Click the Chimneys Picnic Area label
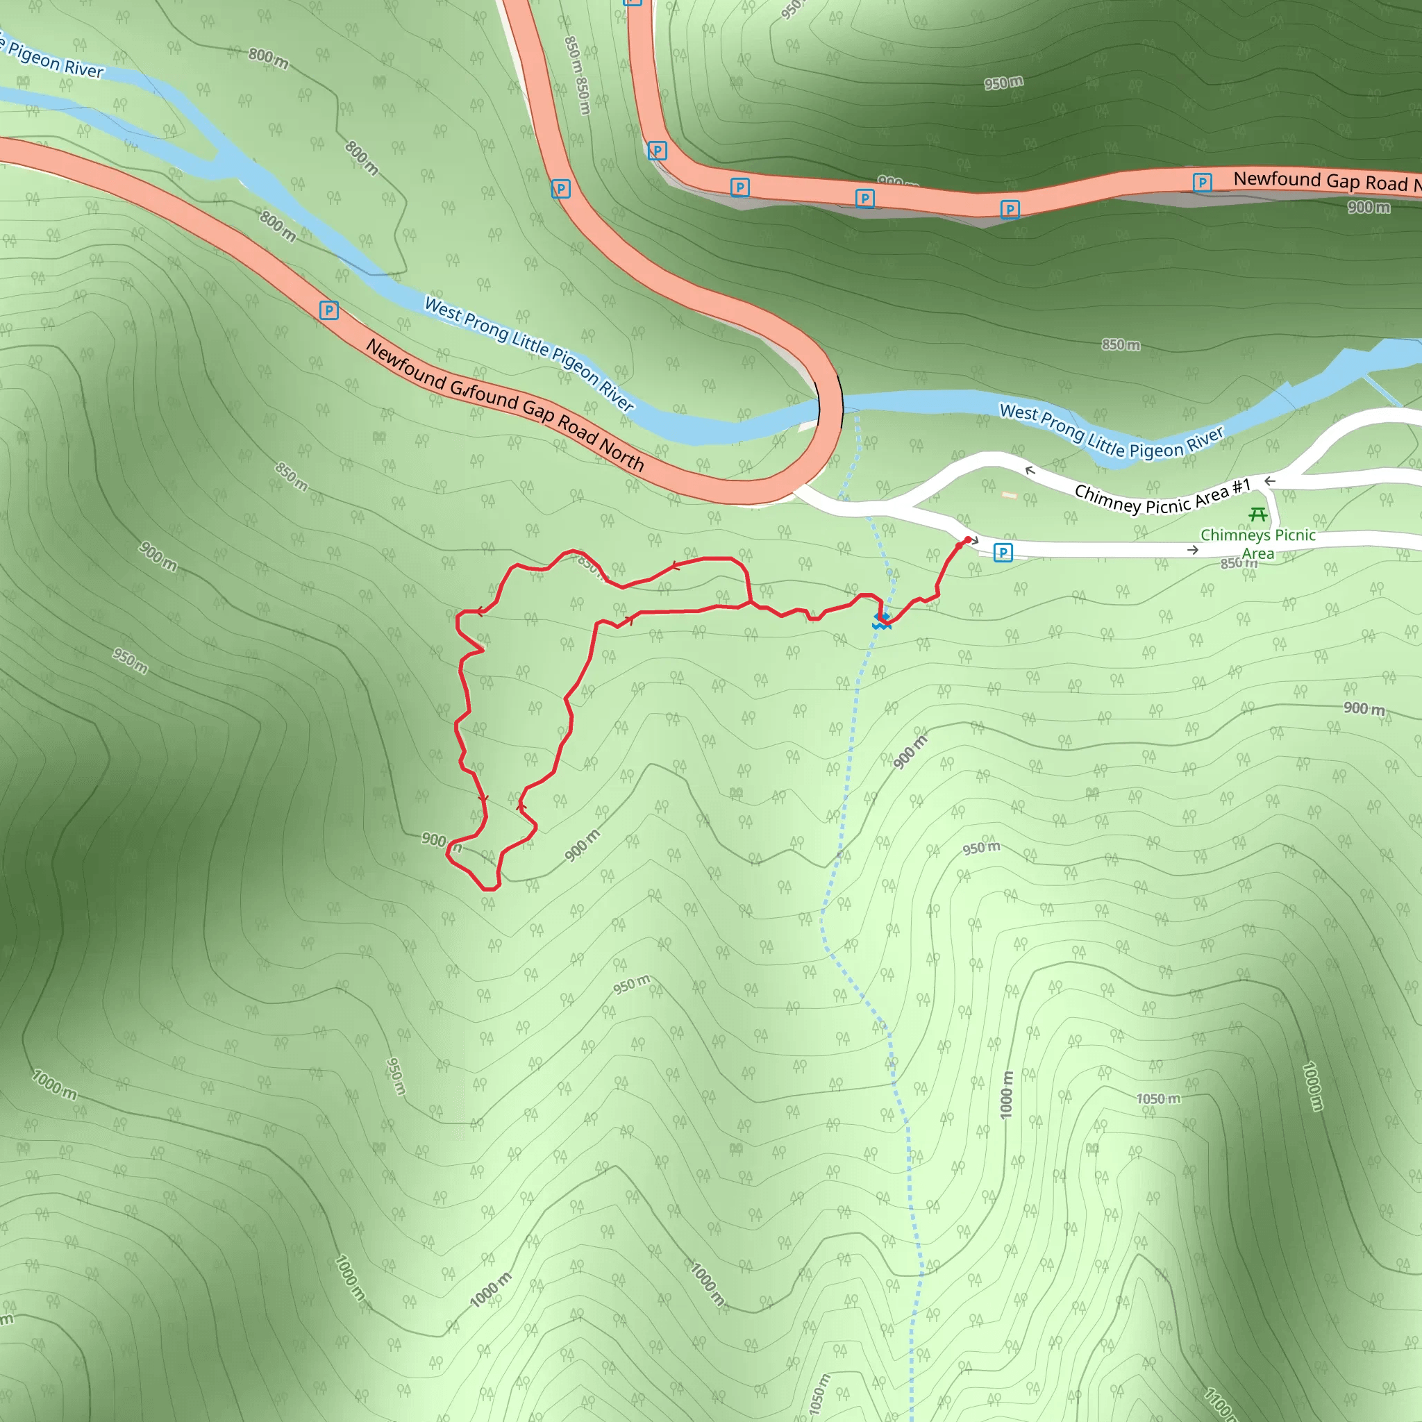[x=1257, y=544]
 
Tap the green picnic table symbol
[x=1258, y=514]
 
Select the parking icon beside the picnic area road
[x=1003, y=552]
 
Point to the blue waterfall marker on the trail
[x=881, y=621]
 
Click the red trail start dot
[x=967, y=539]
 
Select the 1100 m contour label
[x=1219, y=1403]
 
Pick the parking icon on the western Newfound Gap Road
[x=329, y=310]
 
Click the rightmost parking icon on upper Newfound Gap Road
[x=1202, y=182]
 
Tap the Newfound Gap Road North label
[x=505, y=404]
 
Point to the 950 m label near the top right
[x=1003, y=83]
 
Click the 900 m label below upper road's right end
[x=1369, y=208]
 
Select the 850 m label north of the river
[x=1120, y=344]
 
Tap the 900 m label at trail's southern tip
[x=441, y=841]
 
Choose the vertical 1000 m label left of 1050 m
[x=1006, y=1094]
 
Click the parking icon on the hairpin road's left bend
[x=561, y=189]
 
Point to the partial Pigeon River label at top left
[x=53, y=59]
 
